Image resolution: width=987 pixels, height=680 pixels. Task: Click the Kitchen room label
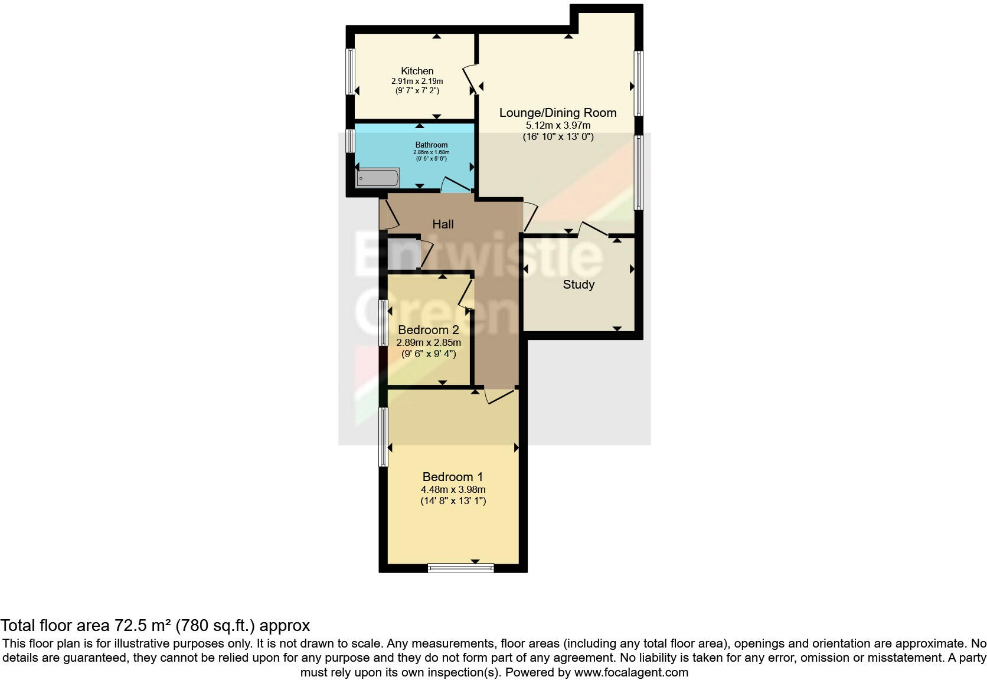(x=417, y=71)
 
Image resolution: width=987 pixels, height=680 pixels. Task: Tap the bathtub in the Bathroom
(x=378, y=178)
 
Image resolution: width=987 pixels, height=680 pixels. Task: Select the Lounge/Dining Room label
(x=557, y=113)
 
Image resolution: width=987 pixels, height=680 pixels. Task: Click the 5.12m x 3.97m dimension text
(x=557, y=125)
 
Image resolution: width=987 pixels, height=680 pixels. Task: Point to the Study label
(x=578, y=285)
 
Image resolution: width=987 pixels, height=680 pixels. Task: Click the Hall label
(x=443, y=224)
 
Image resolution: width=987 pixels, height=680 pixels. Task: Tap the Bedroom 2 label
(x=428, y=330)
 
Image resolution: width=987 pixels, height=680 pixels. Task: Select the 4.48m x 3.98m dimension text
(x=453, y=489)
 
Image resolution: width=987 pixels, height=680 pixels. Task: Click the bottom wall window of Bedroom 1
(x=460, y=568)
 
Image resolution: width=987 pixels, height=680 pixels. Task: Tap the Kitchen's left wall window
(x=350, y=71)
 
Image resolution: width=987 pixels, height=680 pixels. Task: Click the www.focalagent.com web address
(x=630, y=672)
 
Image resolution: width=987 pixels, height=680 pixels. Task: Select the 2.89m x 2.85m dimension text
(x=428, y=342)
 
